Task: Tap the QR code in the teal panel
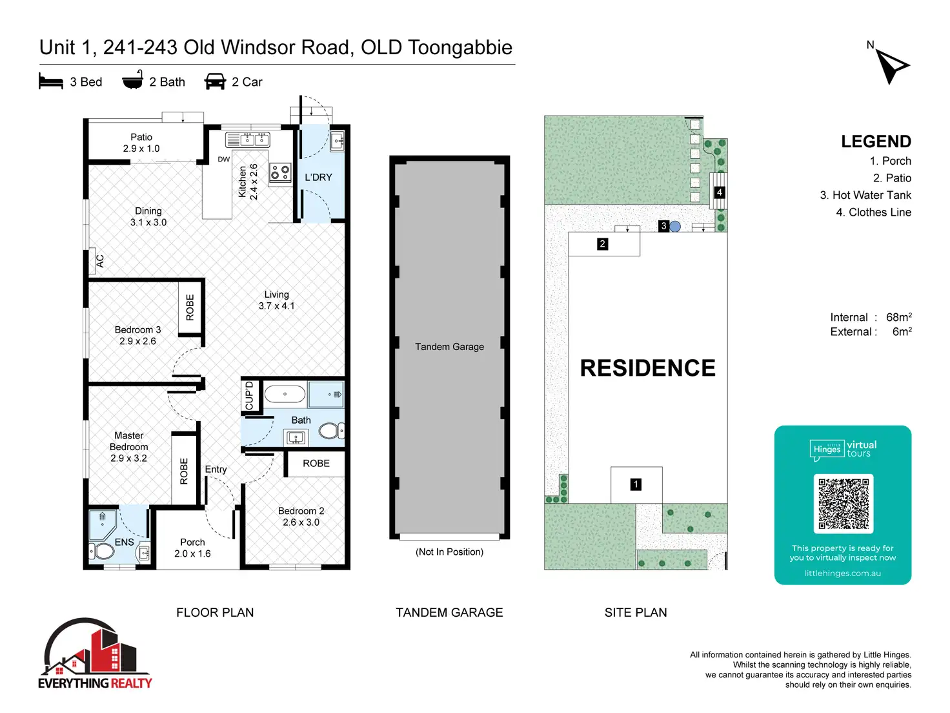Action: tap(843, 503)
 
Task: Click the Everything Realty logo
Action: tap(95, 654)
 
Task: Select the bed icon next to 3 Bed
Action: tap(51, 81)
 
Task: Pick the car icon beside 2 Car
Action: tap(215, 81)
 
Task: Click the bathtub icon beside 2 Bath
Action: tap(132, 80)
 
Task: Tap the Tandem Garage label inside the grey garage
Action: tap(449, 347)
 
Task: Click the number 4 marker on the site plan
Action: tap(719, 192)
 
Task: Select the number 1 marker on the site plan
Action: tap(636, 484)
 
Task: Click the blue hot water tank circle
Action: tap(675, 226)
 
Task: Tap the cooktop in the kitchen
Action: tap(280, 172)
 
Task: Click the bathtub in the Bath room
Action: tap(285, 394)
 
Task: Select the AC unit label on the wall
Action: tap(99, 262)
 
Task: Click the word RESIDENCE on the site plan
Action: tap(647, 368)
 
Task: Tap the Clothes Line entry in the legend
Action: tap(873, 212)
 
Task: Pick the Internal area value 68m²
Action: tap(898, 317)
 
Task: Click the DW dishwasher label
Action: tap(223, 160)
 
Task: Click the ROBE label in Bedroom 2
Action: tap(316, 464)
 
